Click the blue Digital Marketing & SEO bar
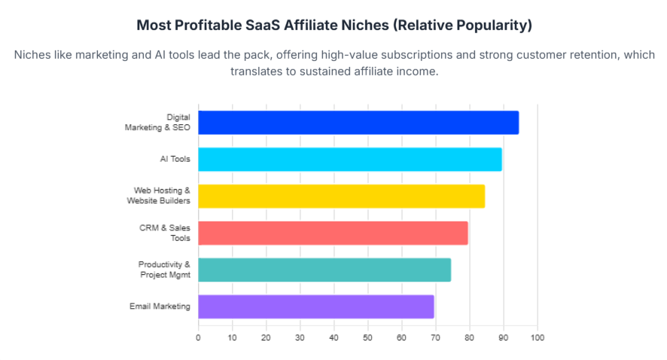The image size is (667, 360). (x=358, y=123)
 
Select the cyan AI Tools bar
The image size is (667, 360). (x=350, y=159)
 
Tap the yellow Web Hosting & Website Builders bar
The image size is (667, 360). (x=341, y=196)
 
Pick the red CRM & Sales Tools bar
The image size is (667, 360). (x=333, y=233)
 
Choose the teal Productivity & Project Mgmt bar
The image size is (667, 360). (x=324, y=270)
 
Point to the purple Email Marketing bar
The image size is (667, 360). (x=316, y=307)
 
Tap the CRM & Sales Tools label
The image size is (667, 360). (x=163, y=233)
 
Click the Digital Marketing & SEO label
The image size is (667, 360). (x=157, y=123)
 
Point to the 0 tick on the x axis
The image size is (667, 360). (x=198, y=338)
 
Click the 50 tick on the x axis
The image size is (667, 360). (x=367, y=338)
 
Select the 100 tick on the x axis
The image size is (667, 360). (x=537, y=338)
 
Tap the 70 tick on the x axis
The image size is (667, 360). (x=435, y=338)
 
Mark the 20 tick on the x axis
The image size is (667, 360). (x=266, y=338)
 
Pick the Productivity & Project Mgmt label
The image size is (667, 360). (x=164, y=270)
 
